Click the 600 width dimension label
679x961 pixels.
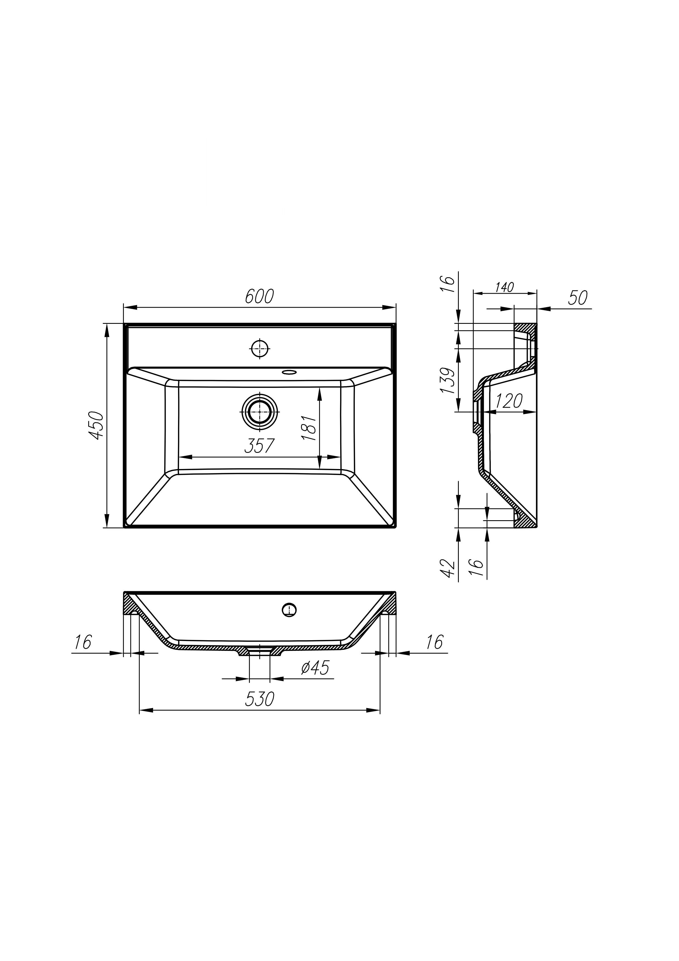pyautogui.click(x=259, y=296)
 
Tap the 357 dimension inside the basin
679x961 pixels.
pyautogui.click(x=259, y=446)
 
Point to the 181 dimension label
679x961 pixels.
pyautogui.click(x=309, y=428)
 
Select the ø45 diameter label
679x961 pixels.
pyautogui.click(x=315, y=668)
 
